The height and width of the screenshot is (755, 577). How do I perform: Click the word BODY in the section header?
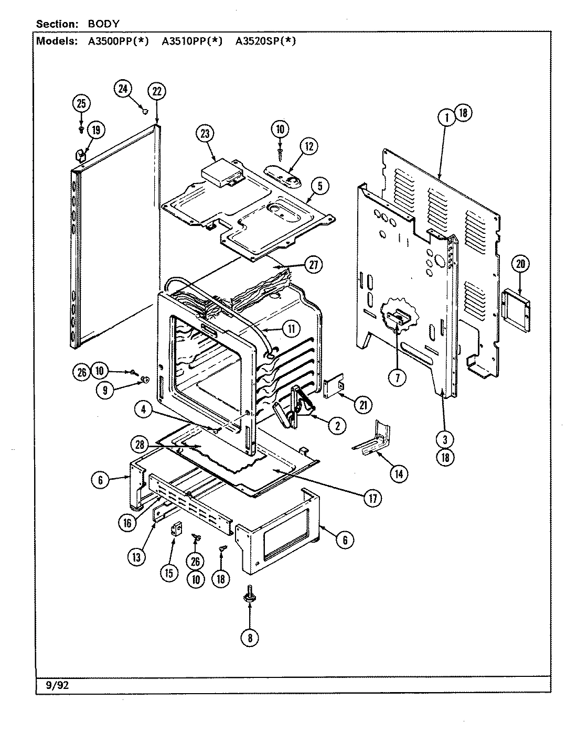pyautogui.click(x=100, y=24)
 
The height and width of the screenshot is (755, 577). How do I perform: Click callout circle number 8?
pyautogui.click(x=250, y=638)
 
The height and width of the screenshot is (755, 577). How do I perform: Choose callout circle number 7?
pyautogui.click(x=397, y=377)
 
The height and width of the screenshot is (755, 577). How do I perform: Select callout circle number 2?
pyautogui.click(x=337, y=426)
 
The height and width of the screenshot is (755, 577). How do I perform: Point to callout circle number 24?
pyautogui.click(x=123, y=89)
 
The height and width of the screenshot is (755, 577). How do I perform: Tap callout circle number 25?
pyautogui.click(x=81, y=104)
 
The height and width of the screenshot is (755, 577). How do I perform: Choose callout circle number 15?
pyautogui.click(x=169, y=573)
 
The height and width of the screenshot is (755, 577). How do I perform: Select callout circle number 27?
pyautogui.click(x=313, y=265)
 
